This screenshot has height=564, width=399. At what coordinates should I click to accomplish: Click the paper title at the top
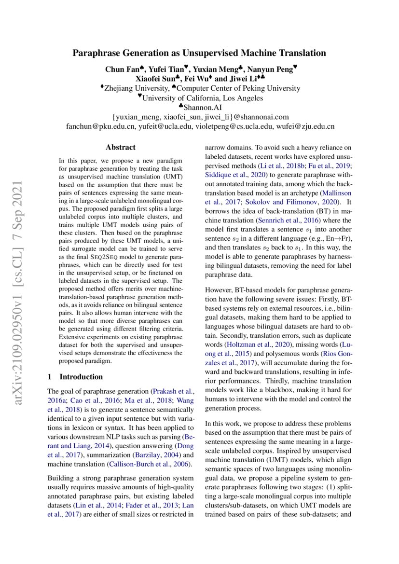coord(199,53)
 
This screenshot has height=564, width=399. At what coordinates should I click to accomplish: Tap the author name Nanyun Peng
coord(272,69)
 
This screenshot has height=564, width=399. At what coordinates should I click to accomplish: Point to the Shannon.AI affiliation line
coord(199,107)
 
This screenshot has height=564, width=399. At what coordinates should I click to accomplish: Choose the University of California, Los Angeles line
coord(199,98)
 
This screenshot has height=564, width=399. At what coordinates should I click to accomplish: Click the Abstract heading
coord(121,147)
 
